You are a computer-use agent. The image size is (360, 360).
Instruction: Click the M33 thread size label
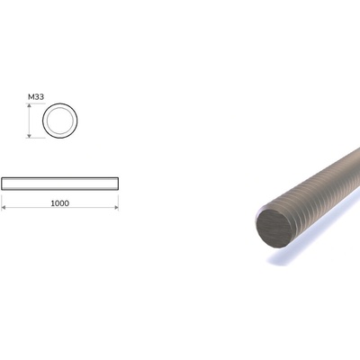pos(36,97)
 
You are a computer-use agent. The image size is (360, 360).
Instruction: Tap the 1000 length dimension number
pos(60,203)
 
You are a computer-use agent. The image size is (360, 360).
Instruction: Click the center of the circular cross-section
pos(60,121)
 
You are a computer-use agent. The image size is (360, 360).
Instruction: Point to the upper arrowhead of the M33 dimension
pos(29,105)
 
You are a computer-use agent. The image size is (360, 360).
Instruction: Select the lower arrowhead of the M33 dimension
pos(29,136)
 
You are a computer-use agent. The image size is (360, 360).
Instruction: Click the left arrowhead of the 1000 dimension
pos(4,207)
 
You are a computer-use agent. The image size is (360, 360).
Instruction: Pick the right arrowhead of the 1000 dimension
pos(116,207)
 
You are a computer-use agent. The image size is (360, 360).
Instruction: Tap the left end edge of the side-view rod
pos(2,184)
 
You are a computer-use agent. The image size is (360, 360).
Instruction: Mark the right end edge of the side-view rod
pos(118,184)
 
